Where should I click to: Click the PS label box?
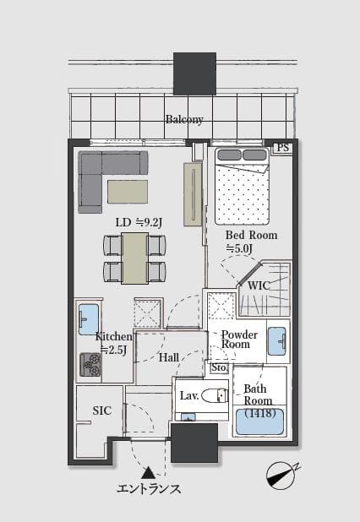(282, 148)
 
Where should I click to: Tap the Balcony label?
(184, 119)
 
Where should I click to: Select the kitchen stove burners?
(90, 365)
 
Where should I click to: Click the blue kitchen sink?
(89, 319)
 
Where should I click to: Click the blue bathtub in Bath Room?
(259, 421)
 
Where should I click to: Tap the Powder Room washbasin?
(277, 342)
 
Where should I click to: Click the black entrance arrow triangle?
(148, 473)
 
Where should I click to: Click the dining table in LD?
(135, 258)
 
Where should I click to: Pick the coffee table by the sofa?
(128, 192)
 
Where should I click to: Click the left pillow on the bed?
(229, 155)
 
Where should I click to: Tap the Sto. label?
(220, 367)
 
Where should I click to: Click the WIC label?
(259, 285)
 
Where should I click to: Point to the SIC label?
(102, 411)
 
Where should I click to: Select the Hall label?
(169, 357)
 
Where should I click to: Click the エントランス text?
(149, 489)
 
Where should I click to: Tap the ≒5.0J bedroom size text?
(239, 248)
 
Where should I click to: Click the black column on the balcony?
(195, 73)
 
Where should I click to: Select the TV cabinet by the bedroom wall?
(193, 194)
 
